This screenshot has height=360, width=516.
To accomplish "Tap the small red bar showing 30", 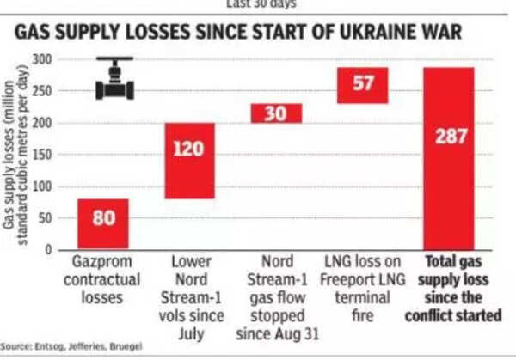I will coord(276,113).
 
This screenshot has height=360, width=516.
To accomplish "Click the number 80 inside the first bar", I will coord(103,217).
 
